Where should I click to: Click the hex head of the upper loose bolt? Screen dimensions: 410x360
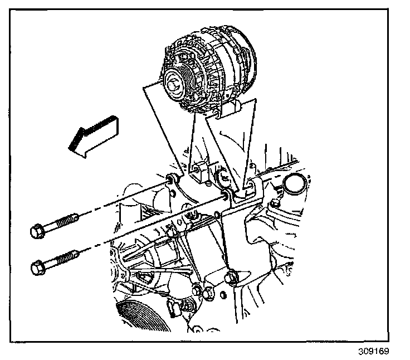pyautogui.click(x=37, y=230)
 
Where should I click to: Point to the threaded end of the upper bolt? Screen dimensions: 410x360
pyautogui.click(x=71, y=220)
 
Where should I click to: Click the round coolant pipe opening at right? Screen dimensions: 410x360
pyautogui.click(x=294, y=184)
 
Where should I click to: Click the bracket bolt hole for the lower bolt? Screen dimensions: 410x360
pyautogui.click(x=227, y=196)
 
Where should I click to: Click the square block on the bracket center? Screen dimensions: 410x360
pyautogui.click(x=198, y=170)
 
